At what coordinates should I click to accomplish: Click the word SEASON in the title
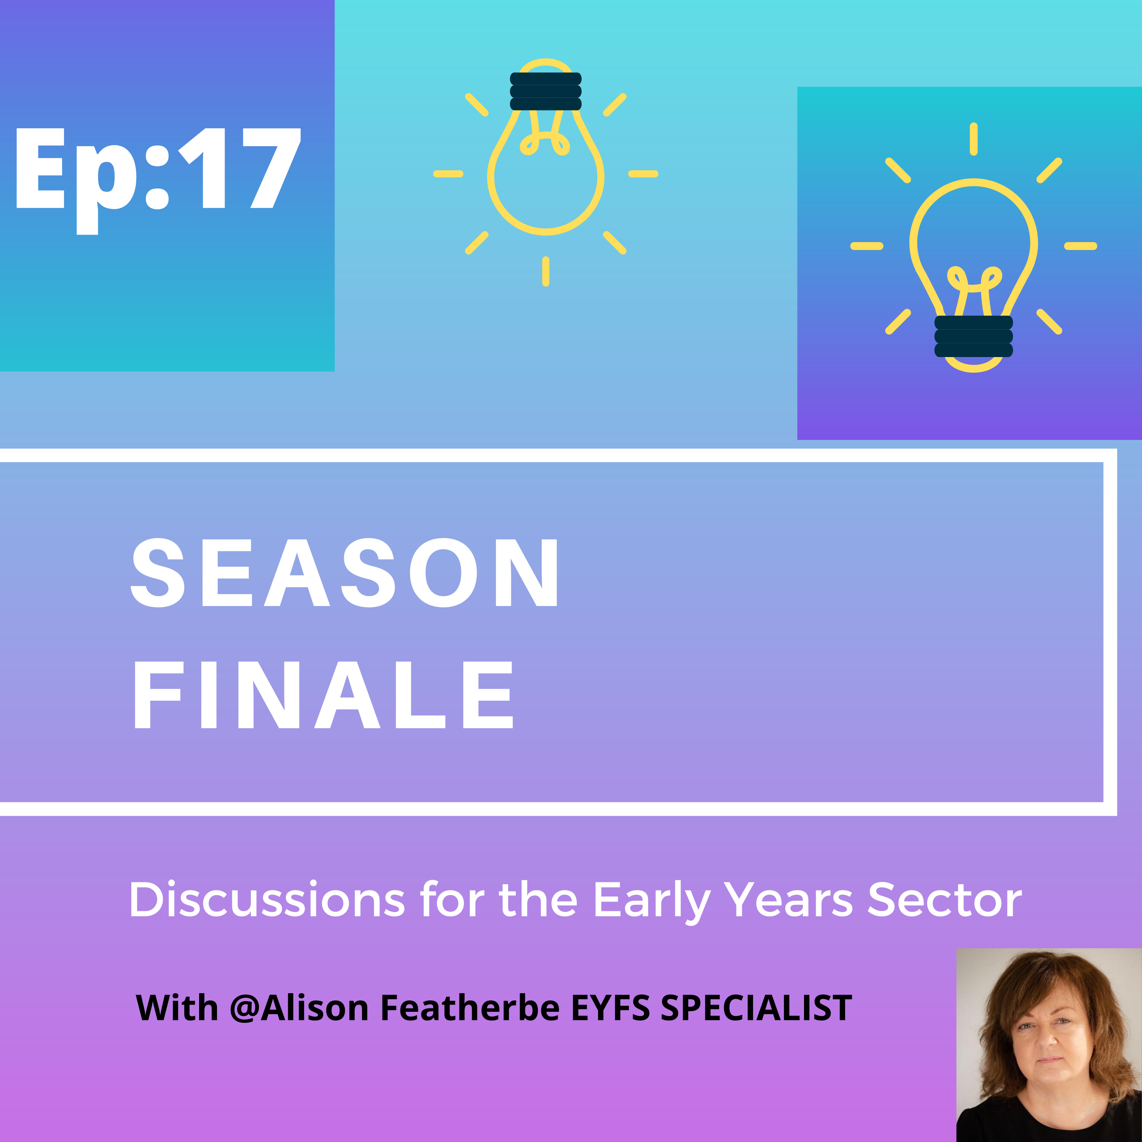(345, 573)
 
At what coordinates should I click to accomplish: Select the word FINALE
(323, 695)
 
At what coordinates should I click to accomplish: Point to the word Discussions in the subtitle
(266, 900)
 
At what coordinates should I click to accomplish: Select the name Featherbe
(470, 1007)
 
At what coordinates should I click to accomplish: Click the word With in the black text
(177, 1007)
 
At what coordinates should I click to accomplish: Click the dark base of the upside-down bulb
(545, 91)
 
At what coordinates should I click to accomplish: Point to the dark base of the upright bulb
(973, 337)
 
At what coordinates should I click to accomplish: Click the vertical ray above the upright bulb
(973, 139)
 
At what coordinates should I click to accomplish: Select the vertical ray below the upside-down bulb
(545, 271)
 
